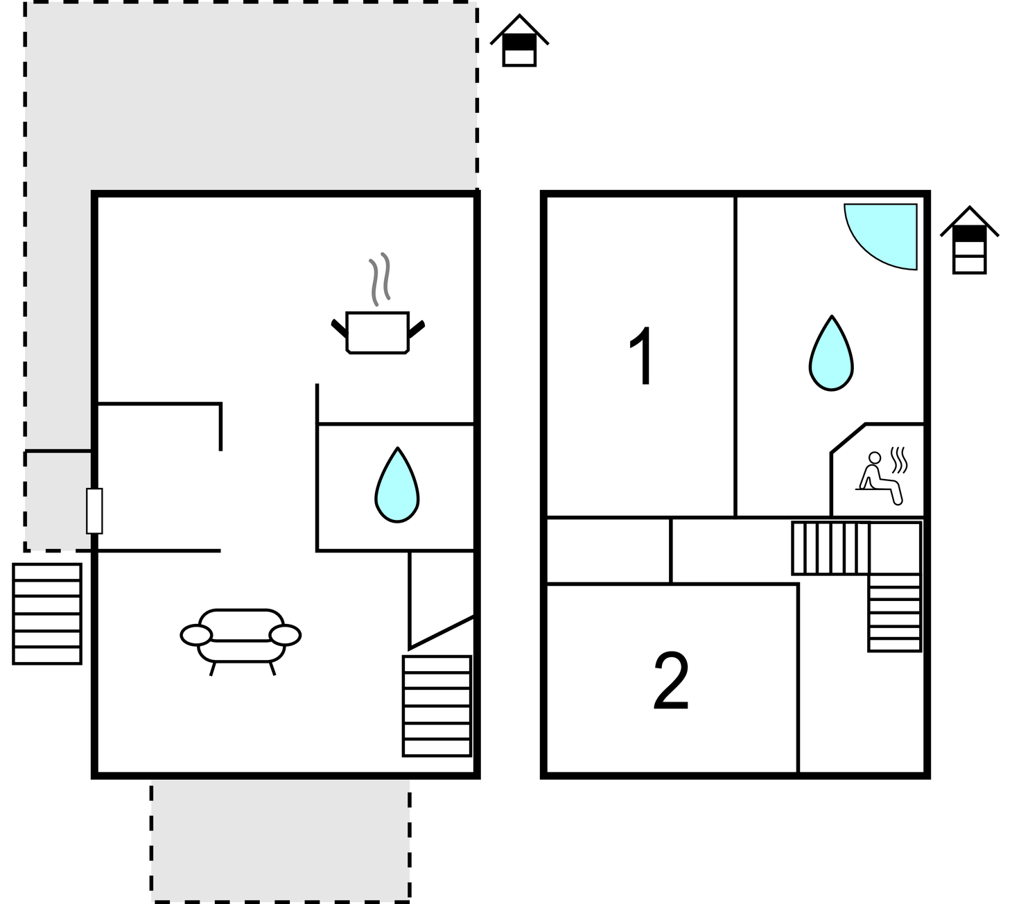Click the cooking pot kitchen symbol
click(x=378, y=332)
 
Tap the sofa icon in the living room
click(x=241, y=641)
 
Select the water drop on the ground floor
click(x=397, y=485)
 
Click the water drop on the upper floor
click(x=831, y=353)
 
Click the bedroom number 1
click(x=641, y=356)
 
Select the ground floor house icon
click(x=519, y=41)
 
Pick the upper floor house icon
click(x=970, y=241)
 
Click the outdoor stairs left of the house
click(x=47, y=614)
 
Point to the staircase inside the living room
click(x=437, y=706)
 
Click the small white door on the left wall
click(x=94, y=511)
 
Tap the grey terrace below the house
click(x=281, y=840)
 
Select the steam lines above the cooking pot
click(x=380, y=279)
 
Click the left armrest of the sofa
click(x=196, y=635)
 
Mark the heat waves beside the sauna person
click(x=899, y=460)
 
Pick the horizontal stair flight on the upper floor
click(x=831, y=548)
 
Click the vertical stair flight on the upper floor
click(x=895, y=613)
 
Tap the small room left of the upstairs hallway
click(x=609, y=550)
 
